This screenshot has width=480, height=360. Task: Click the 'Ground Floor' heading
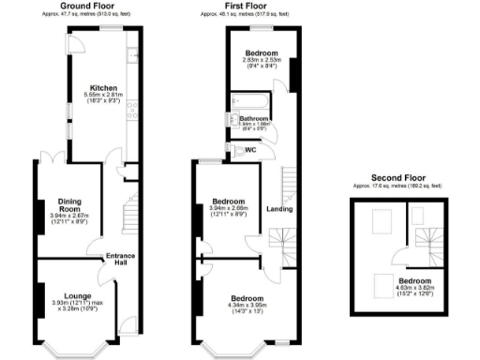88,6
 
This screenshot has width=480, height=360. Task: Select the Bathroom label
253,118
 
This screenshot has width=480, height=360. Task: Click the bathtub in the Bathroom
250,100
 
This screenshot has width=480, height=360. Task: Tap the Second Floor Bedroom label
412,281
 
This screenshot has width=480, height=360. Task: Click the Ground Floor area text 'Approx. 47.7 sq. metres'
88,14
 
